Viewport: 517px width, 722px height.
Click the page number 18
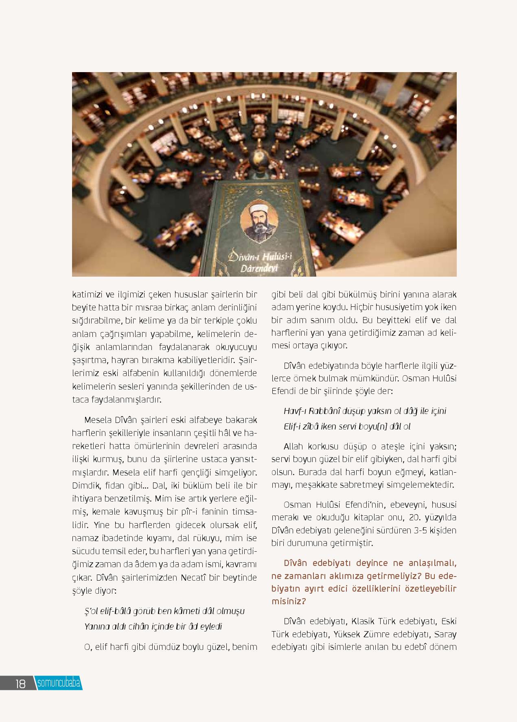click(20, 684)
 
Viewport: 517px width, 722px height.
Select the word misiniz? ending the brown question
click(289, 601)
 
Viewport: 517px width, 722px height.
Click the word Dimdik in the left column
click(84, 485)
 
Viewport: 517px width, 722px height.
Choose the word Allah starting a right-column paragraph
click(294, 447)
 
